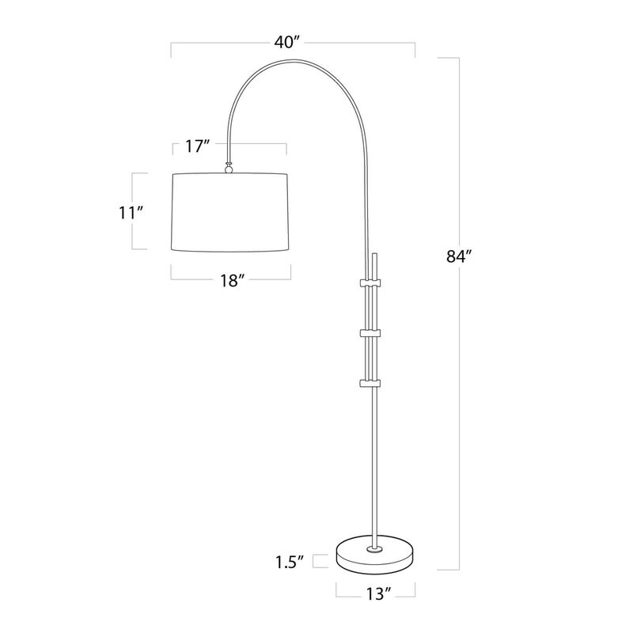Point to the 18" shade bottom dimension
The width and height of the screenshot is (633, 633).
230,280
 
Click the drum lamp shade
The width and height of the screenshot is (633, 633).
230,211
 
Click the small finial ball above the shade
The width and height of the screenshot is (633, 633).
229,167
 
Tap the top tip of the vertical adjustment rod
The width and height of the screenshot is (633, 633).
377,256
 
